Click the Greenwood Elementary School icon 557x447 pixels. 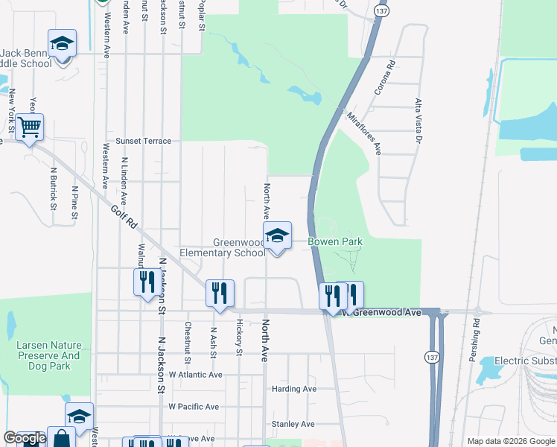276,237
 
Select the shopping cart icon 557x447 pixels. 29,127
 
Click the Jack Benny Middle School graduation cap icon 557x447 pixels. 62,43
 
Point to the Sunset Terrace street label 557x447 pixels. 143,141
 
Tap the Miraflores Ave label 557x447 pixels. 363,133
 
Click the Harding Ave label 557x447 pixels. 293,389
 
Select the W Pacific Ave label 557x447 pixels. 194,407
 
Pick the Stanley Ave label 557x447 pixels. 293,424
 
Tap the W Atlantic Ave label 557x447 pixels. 195,375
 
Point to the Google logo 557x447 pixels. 24,439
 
